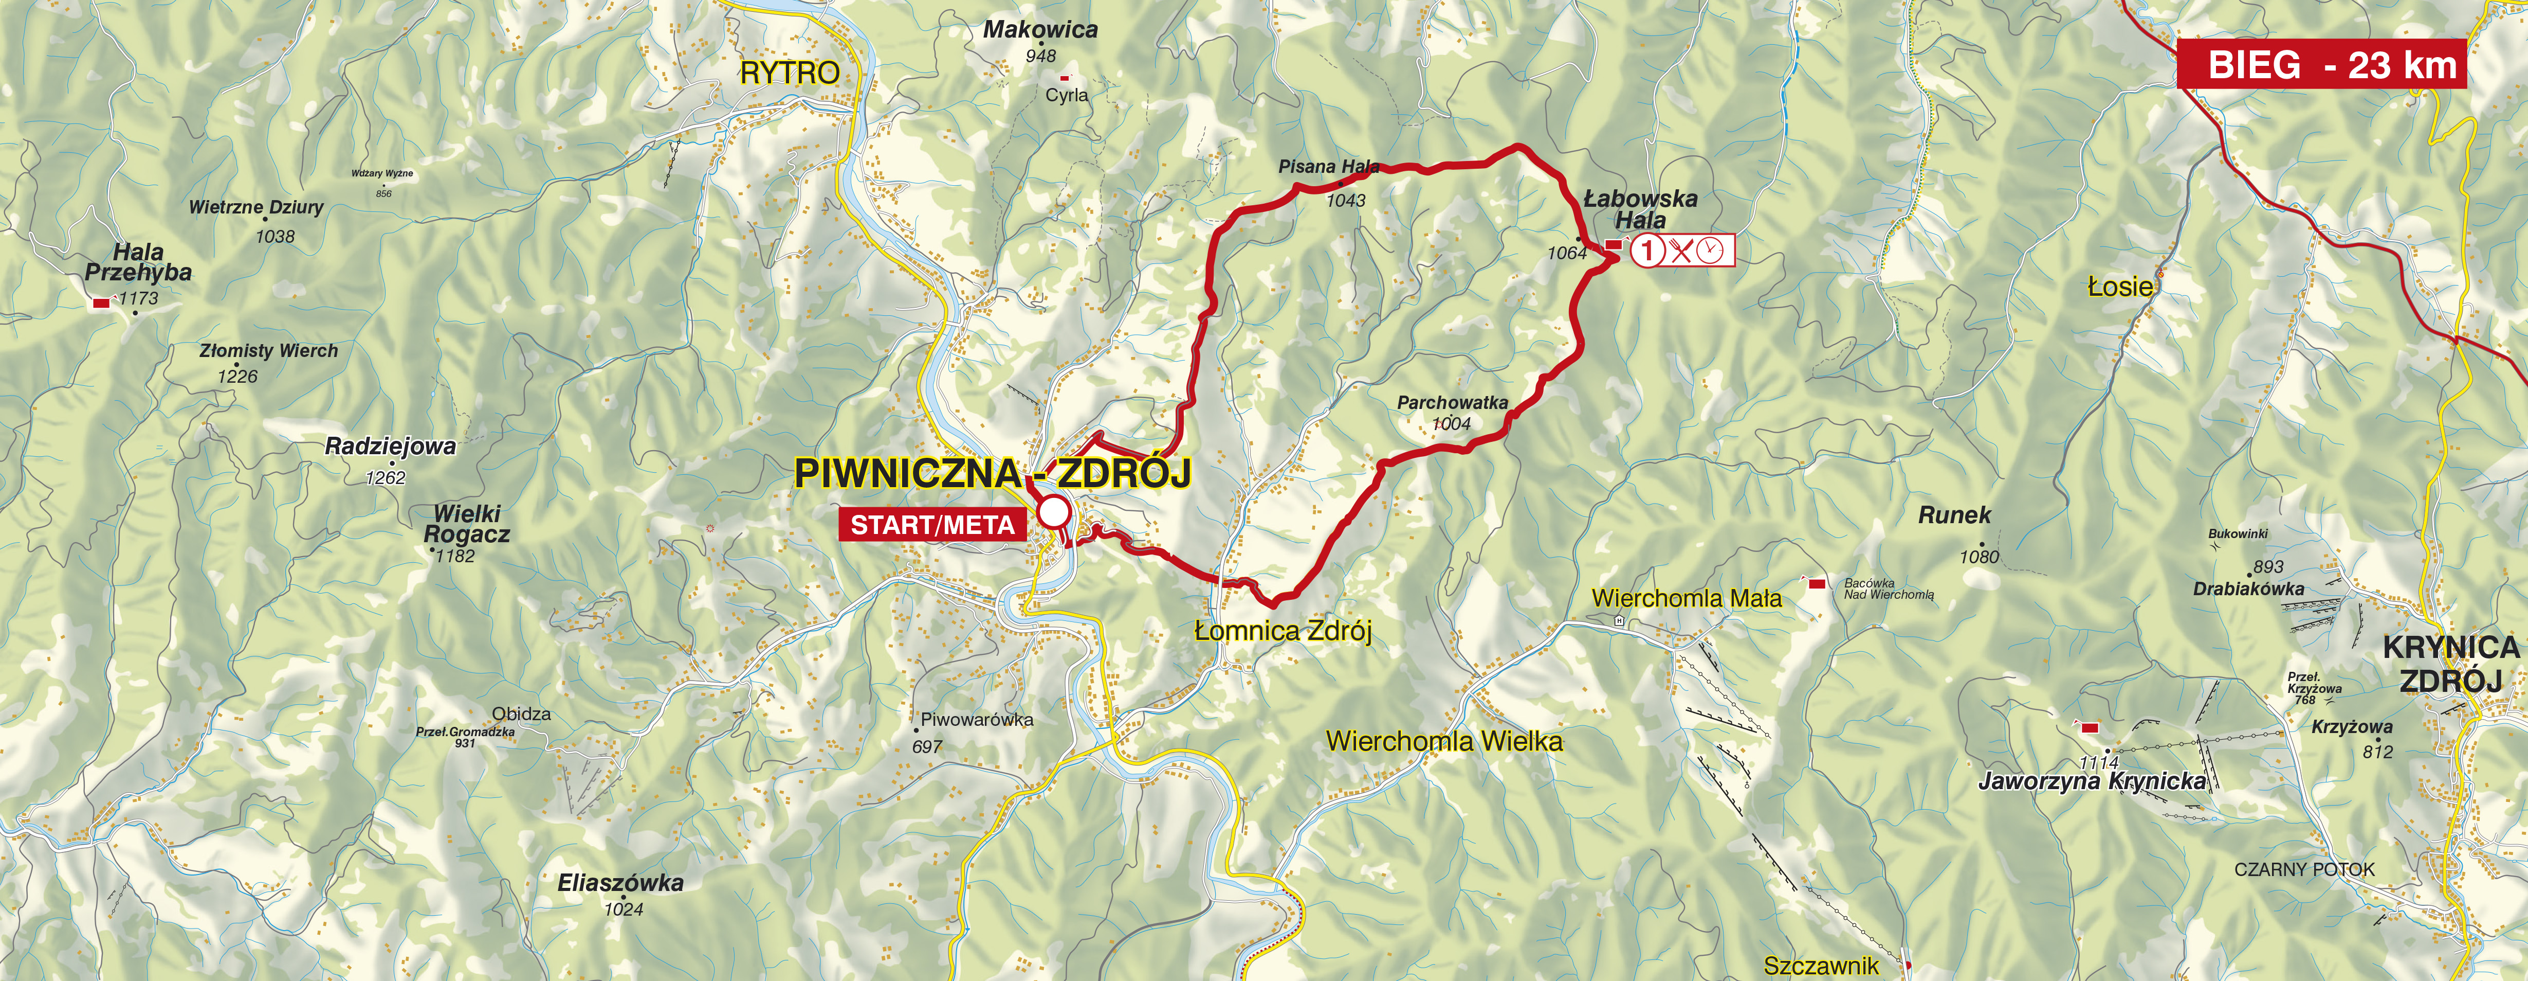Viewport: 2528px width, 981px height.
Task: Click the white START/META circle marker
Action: point(1053,512)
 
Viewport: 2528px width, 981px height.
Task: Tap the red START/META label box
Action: point(932,525)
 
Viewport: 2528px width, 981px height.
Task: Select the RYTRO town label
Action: point(790,73)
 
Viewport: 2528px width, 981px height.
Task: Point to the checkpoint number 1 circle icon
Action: point(1648,251)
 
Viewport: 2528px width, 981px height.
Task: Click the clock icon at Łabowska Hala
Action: point(1710,251)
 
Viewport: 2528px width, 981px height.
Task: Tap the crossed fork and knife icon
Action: point(1680,251)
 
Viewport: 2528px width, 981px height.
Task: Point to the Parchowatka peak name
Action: point(1453,403)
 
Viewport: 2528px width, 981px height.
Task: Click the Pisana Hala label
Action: point(1329,167)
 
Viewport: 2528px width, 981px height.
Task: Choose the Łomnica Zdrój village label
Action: point(1283,631)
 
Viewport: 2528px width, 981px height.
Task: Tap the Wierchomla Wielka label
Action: point(1443,741)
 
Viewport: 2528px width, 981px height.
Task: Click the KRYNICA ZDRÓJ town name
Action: point(2449,664)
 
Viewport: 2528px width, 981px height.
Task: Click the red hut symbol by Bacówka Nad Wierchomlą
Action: point(1817,584)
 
